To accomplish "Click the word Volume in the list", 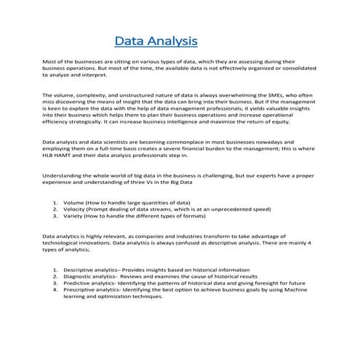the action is (x=74, y=201).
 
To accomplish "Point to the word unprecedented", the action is (x=212, y=208).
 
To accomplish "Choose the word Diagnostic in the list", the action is (x=81, y=276).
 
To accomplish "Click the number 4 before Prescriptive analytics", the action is (x=56, y=289).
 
